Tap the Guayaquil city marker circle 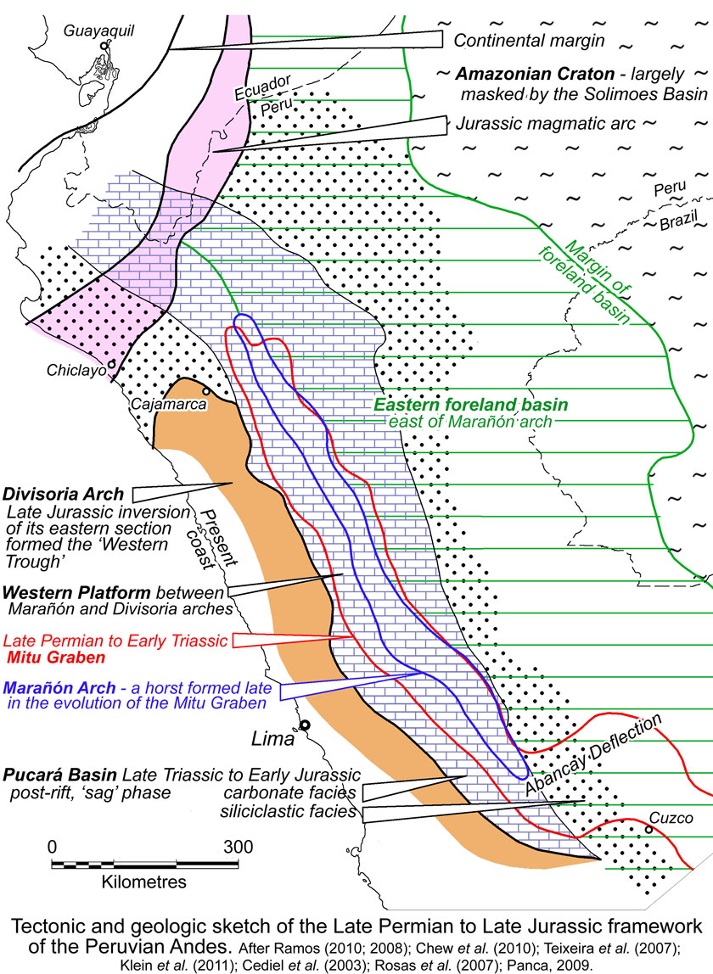(x=104, y=46)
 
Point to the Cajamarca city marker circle (x=205, y=391)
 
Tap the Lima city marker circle (x=303, y=725)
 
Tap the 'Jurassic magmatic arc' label (x=546, y=123)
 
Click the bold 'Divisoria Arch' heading (x=65, y=494)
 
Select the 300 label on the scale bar (x=238, y=846)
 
